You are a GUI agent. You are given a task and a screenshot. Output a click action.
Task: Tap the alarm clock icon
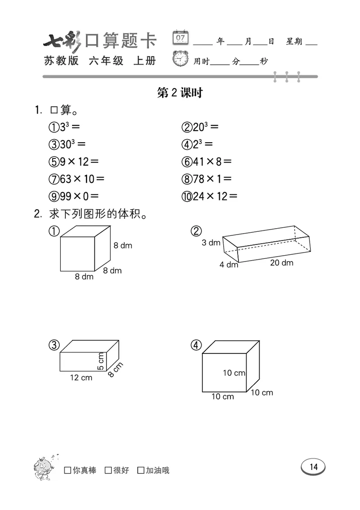pyautogui.click(x=181, y=59)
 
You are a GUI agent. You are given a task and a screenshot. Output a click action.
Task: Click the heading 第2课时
pyautogui.click(x=180, y=93)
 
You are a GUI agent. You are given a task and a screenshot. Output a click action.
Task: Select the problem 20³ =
pyautogui.click(x=200, y=127)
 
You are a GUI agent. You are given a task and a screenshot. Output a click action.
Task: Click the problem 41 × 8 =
pyautogui.click(x=207, y=161)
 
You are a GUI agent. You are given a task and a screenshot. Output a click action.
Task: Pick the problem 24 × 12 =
pyautogui.click(x=209, y=196)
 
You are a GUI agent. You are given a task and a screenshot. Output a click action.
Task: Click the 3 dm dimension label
pyautogui.click(x=211, y=243)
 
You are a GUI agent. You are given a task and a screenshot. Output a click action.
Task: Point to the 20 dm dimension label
pyautogui.click(x=282, y=262)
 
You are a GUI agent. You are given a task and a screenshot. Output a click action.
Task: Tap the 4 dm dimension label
pyautogui.click(x=229, y=265)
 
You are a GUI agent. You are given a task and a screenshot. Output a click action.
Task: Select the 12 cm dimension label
pyautogui.click(x=81, y=378)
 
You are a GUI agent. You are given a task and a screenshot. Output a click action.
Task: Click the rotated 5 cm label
pyautogui.click(x=101, y=361)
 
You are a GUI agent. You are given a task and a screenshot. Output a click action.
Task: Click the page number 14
pyautogui.click(x=313, y=467)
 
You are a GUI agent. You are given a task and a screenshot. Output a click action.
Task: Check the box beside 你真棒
pyautogui.click(x=68, y=470)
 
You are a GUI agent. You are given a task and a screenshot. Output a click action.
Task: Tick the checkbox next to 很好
pyautogui.click(x=108, y=470)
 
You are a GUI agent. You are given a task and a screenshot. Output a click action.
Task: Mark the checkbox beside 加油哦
pyautogui.click(x=141, y=470)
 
